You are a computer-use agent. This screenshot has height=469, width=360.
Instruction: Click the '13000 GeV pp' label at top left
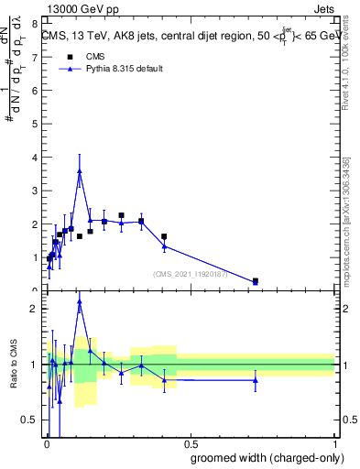coord(82,9)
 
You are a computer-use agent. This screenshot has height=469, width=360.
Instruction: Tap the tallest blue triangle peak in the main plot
coord(80,171)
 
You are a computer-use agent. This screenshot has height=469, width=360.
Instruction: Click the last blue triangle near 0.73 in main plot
coord(256,282)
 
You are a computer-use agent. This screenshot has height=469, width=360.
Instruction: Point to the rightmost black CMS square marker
coord(256,280)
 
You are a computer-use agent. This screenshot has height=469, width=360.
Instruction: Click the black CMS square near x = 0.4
coord(164,236)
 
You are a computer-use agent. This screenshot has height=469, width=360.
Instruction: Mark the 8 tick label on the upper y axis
coord(34,24)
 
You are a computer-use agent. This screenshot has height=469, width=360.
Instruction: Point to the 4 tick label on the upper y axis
coord(34,158)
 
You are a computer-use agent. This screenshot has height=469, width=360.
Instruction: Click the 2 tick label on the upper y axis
coord(34,224)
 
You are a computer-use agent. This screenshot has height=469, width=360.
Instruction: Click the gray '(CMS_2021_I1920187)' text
coord(193,273)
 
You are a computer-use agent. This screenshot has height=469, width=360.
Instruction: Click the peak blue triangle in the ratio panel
coord(80,300)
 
